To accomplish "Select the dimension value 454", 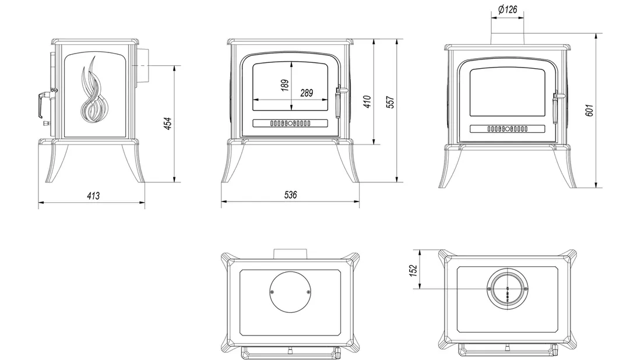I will (x=168, y=123).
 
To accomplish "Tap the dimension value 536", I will (x=290, y=196).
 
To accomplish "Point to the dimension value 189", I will (x=284, y=85).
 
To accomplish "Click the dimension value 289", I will (x=307, y=93).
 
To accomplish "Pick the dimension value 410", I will (x=367, y=102).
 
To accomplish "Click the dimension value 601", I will (x=590, y=111).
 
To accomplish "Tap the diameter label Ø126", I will (x=508, y=9).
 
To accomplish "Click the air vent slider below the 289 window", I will (x=290, y=123).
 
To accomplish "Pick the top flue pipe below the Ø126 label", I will (x=508, y=37).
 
